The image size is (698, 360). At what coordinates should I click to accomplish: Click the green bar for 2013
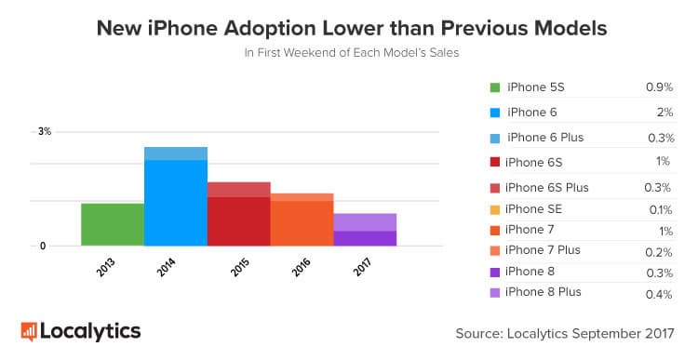tap(113, 224)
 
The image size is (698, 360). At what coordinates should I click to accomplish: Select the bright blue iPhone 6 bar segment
tap(176, 203)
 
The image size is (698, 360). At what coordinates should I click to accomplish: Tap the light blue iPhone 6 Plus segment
tap(176, 153)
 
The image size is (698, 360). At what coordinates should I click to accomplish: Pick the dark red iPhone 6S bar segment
tap(239, 221)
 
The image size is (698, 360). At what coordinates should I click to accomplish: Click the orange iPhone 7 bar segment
tap(302, 223)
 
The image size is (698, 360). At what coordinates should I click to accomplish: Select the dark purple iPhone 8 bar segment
tap(366, 238)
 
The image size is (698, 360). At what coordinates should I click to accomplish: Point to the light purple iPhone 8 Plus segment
tap(366, 221)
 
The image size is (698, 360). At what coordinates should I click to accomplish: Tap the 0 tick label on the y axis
tap(43, 247)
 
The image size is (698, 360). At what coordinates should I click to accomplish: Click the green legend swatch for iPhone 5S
tap(495, 88)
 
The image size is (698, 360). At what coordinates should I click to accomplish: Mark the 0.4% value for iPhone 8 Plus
tap(660, 294)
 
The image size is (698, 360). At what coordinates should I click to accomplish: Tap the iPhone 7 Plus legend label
tap(543, 250)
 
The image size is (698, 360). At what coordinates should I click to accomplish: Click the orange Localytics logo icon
tap(29, 330)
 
